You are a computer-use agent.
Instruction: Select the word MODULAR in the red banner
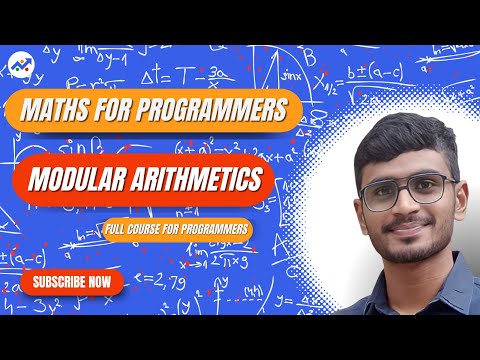79,180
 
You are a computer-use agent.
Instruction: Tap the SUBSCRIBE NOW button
71,282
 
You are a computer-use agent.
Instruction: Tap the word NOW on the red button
99,282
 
